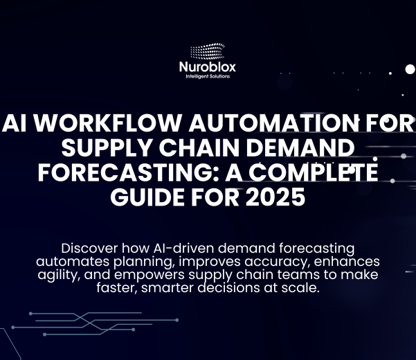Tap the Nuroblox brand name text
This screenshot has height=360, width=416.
tap(208, 68)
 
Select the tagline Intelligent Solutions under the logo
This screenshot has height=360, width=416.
tap(208, 76)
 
